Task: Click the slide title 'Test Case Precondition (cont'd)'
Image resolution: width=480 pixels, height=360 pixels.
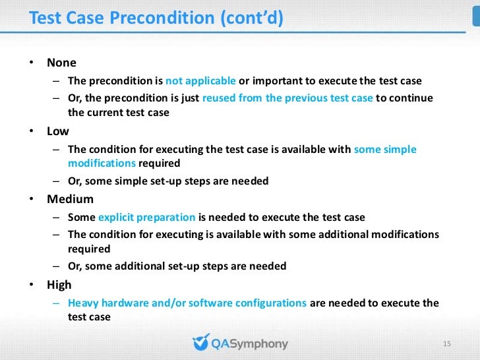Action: (x=156, y=18)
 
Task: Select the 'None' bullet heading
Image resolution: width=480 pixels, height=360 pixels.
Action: (x=61, y=63)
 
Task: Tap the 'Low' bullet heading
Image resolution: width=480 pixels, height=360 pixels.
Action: (x=58, y=131)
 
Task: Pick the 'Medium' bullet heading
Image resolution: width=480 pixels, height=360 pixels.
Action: (x=70, y=199)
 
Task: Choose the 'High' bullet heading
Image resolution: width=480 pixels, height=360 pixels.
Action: (x=59, y=285)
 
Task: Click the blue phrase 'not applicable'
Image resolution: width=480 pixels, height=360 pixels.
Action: (x=200, y=81)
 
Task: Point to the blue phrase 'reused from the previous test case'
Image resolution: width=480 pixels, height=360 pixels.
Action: (x=287, y=98)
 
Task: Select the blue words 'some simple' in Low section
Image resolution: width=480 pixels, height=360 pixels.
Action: (x=385, y=149)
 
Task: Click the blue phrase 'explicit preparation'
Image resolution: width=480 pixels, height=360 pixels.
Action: (x=146, y=217)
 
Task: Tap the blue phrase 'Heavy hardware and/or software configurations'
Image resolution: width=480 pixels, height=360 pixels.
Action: (x=187, y=303)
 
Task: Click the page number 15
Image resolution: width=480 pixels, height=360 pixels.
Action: (x=446, y=344)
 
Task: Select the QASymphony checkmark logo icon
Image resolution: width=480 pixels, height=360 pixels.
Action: (x=200, y=343)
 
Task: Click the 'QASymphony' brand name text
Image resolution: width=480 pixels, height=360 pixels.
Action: (x=249, y=344)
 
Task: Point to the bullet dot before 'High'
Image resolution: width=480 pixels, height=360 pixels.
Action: (x=30, y=285)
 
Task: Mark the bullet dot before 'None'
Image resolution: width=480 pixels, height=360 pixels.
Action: (x=30, y=63)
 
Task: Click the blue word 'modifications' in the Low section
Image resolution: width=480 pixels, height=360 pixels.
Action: (x=102, y=163)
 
